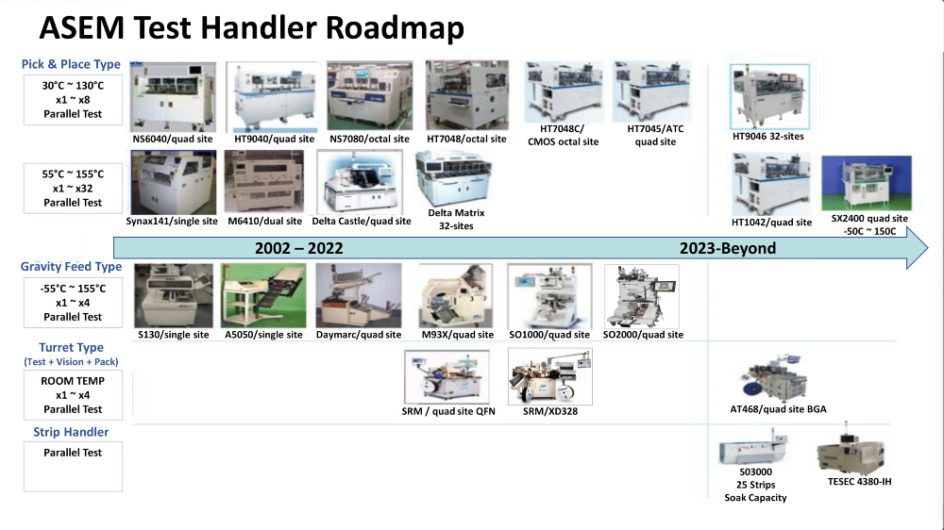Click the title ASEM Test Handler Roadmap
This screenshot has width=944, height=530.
pyautogui.click(x=252, y=27)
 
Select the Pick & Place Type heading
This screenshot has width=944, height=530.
pyautogui.click(x=71, y=64)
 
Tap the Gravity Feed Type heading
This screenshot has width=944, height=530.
pyautogui.click(x=71, y=267)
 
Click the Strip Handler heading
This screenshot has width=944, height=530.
pyautogui.click(x=71, y=432)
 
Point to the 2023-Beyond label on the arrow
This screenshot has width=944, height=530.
pyautogui.click(x=728, y=248)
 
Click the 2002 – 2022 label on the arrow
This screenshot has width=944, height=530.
pyautogui.click(x=298, y=248)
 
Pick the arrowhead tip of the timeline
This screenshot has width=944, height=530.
pyautogui.click(x=927, y=248)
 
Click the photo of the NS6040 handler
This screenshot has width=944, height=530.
pyautogui.click(x=173, y=97)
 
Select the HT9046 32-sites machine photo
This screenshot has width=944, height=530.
pyautogui.click(x=769, y=97)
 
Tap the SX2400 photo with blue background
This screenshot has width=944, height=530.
pyautogui.click(x=867, y=184)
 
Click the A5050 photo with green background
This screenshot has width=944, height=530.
pyautogui.click(x=263, y=295)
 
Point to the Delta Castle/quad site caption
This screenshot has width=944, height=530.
pyautogui.click(x=362, y=222)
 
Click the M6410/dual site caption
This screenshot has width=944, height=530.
pyautogui.click(x=265, y=222)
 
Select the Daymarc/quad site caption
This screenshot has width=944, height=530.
pyautogui.click(x=358, y=335)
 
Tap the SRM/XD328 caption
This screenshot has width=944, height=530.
pyautogui.click(x=549, y=411)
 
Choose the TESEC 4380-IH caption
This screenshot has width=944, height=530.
pyautogui.click(x=859, y=481)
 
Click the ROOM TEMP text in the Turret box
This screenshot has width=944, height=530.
pyautogui.click(x=73, y=381)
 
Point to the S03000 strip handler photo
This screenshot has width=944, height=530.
pyautogui.click(x=753, y=447)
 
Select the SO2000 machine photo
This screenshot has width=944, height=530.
pyautogui.click(x=641, y=296)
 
